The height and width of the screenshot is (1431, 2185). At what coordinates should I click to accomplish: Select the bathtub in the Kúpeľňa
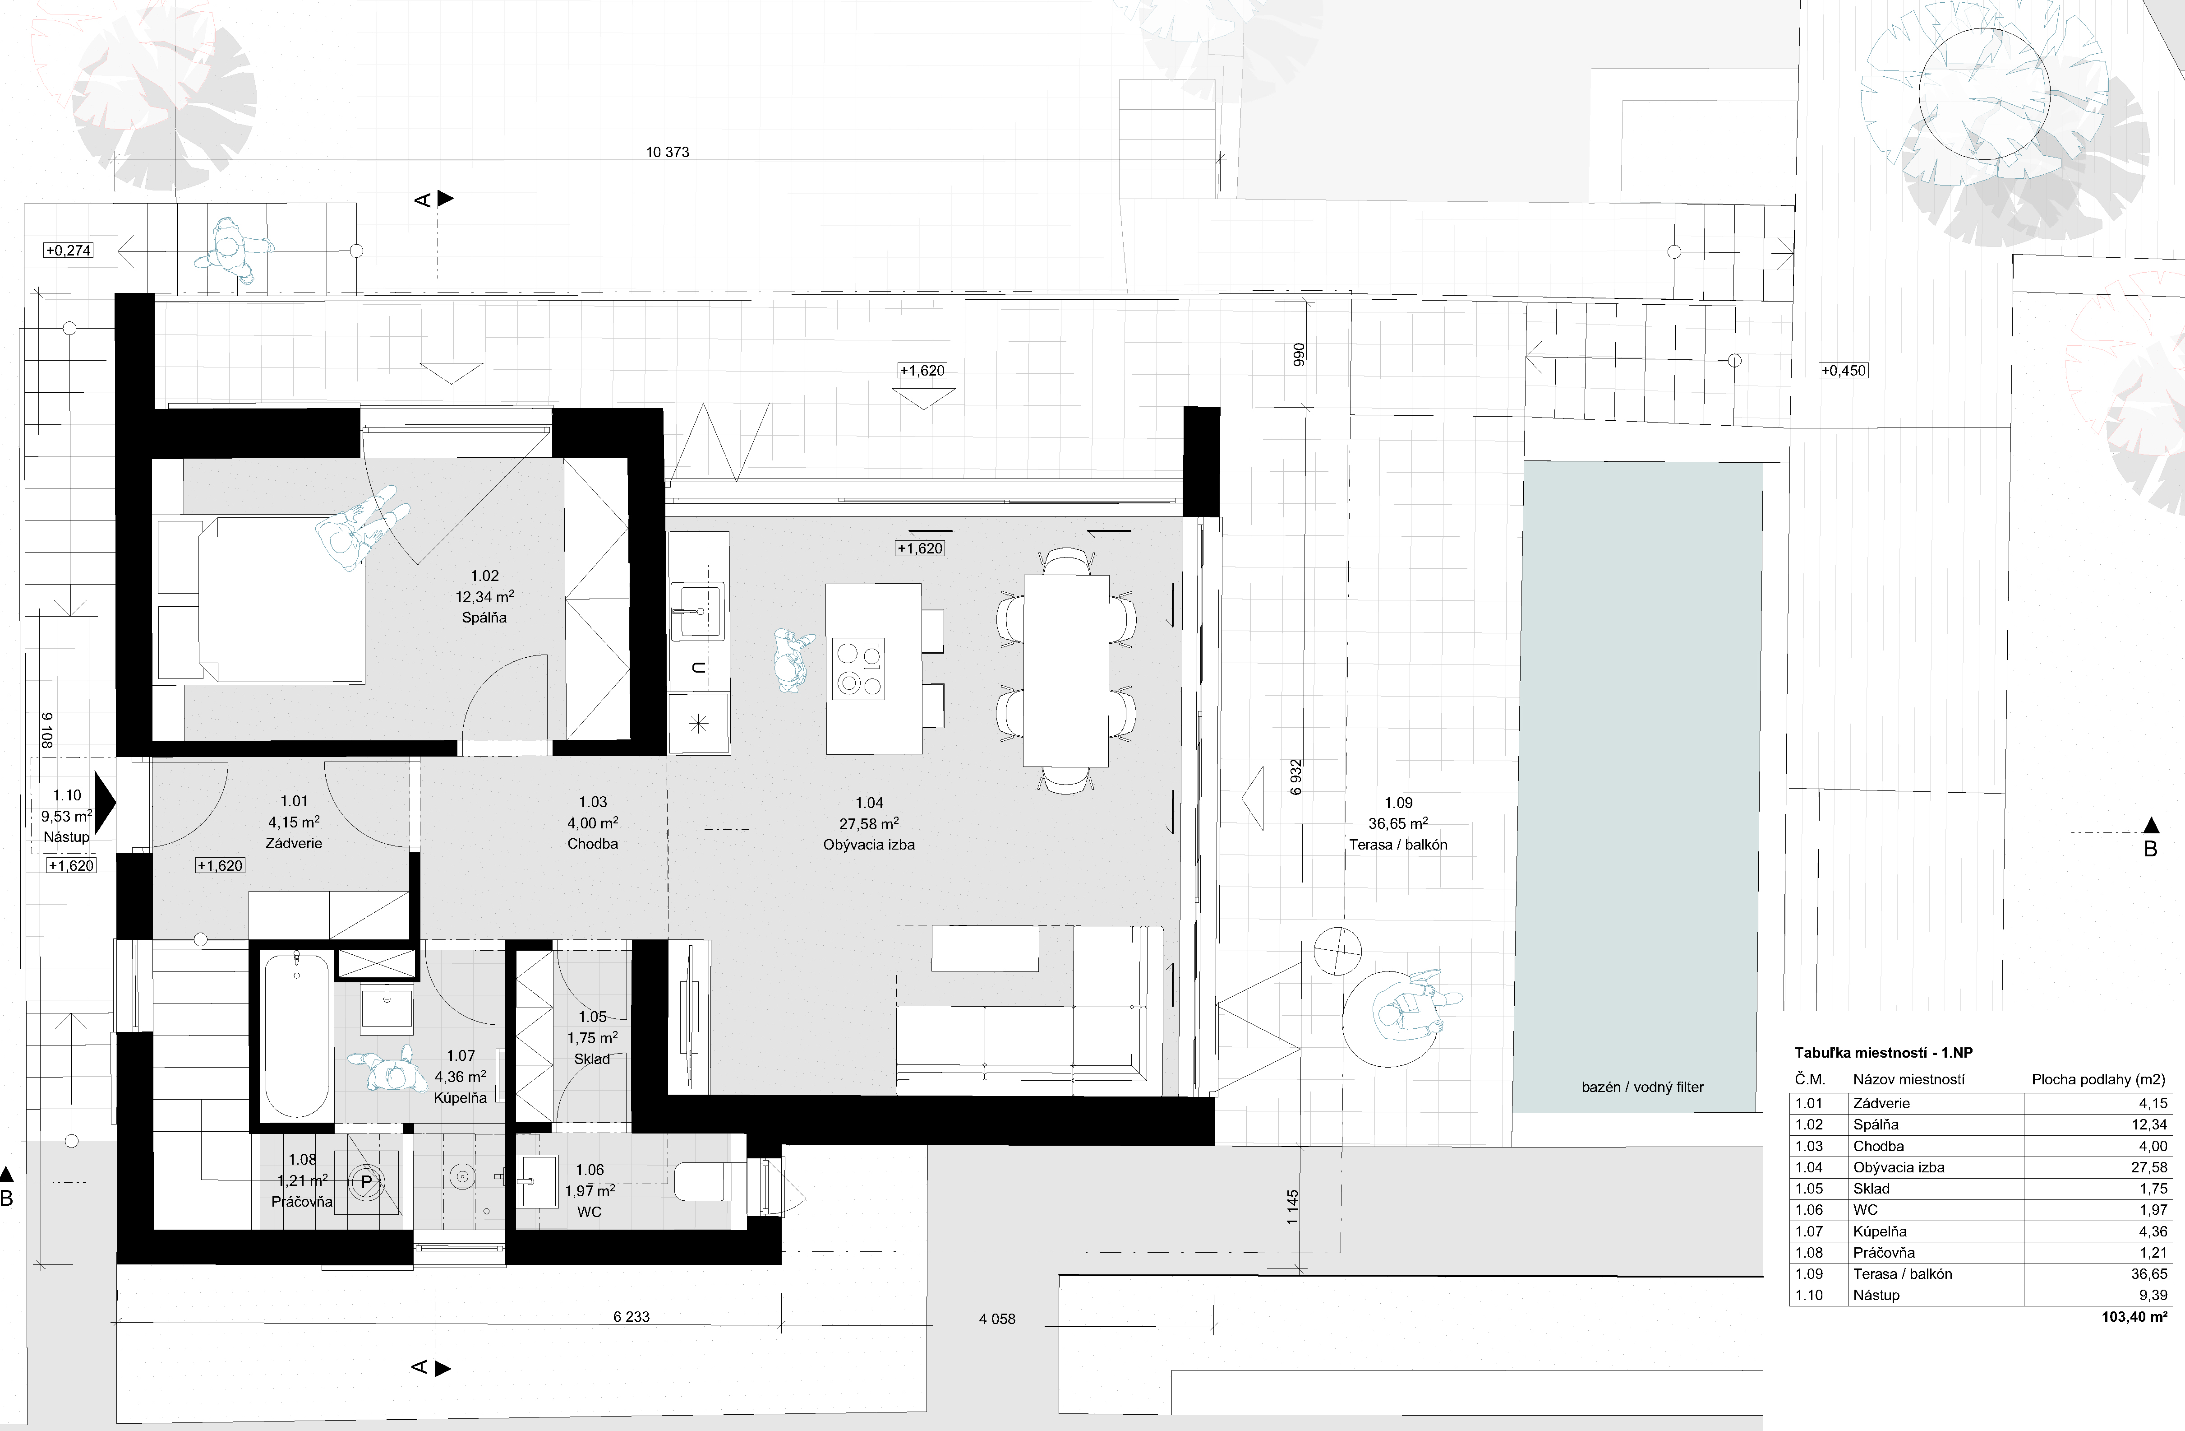(295, 1035)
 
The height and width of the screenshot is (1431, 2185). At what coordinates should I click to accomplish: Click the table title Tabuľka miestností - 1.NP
(1883, 1054)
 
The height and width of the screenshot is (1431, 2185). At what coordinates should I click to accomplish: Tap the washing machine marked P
(366, 1182)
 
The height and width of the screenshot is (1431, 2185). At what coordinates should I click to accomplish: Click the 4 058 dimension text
(997, 1319)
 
